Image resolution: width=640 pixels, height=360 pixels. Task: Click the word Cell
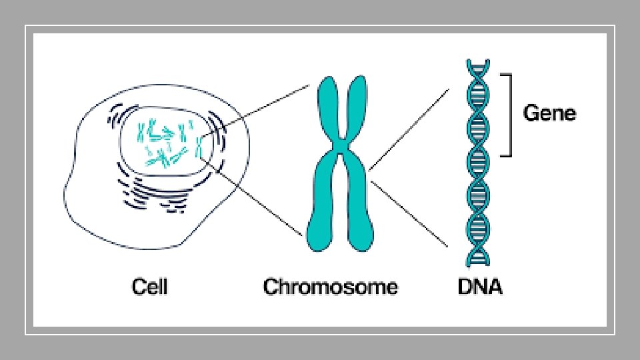[149, 287]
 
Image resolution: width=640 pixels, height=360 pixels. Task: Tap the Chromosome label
[331, 287]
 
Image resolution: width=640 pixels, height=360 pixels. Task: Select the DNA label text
[480, 287]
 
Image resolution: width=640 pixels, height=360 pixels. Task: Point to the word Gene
[549, 113]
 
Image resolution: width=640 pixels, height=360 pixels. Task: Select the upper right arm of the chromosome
[357, 107]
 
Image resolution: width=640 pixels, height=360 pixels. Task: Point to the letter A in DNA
[495, 287]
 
